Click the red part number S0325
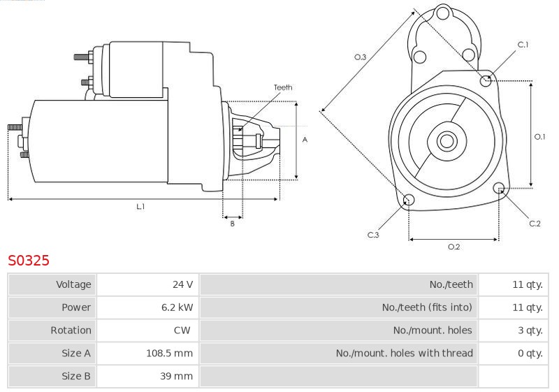point(29,260)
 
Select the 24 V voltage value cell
point(182,284)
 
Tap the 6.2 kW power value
point(177,307)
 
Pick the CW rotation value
point(182,330)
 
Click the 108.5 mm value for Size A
point(169,353)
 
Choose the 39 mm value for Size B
point(177,376)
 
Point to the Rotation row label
point(71,330)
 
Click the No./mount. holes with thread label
point(405,353)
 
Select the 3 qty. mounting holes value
point(530,331)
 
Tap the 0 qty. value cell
point(530,353)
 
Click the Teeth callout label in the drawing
point(283,87)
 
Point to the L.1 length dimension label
point(140,206)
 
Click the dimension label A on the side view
point(305,140)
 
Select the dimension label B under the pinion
point(233,224)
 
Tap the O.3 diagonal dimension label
point(360,57)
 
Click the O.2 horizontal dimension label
point(453,247)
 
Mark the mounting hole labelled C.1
point(486,81)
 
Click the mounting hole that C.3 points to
point(409,200)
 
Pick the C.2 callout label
point(535,224)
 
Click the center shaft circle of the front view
point(447,141)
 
